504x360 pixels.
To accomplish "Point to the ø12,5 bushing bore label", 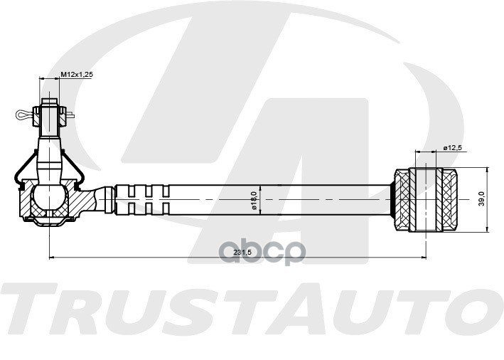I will [x=453, y=148].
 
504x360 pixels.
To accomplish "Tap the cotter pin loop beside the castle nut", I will [x=24, y=113].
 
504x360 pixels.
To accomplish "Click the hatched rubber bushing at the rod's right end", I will [x=427, y=198].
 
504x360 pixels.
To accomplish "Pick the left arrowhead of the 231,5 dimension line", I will [x=52, y=256].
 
